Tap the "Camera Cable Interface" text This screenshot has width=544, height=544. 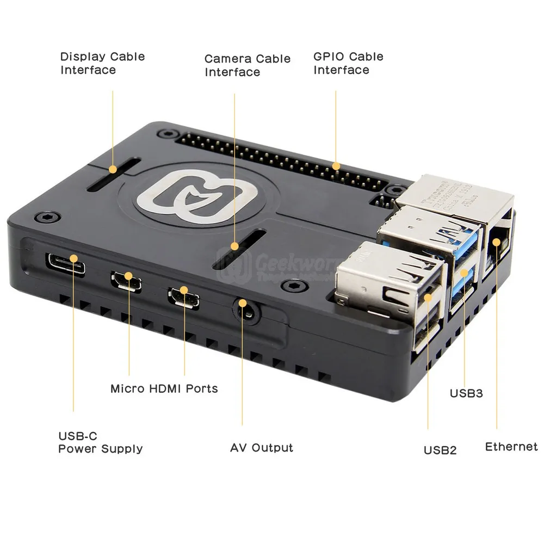(x=248, y=65)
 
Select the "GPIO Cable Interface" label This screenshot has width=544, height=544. (x=348, y=63)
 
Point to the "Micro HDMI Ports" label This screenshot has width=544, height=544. (x=164, y=388)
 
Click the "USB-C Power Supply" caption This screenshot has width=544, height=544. (x=100, y=442)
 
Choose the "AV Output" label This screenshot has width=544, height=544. (x=261, y=448)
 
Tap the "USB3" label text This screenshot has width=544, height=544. (x=466, y=393)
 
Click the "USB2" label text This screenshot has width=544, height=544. (x=440, y=450)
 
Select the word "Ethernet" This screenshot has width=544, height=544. (x=511, y=447)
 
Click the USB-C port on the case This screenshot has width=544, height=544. (x=65, y=264)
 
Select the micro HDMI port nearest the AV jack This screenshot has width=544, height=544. (x=183, y=297)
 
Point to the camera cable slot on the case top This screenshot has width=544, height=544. (x=238, y=250)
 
